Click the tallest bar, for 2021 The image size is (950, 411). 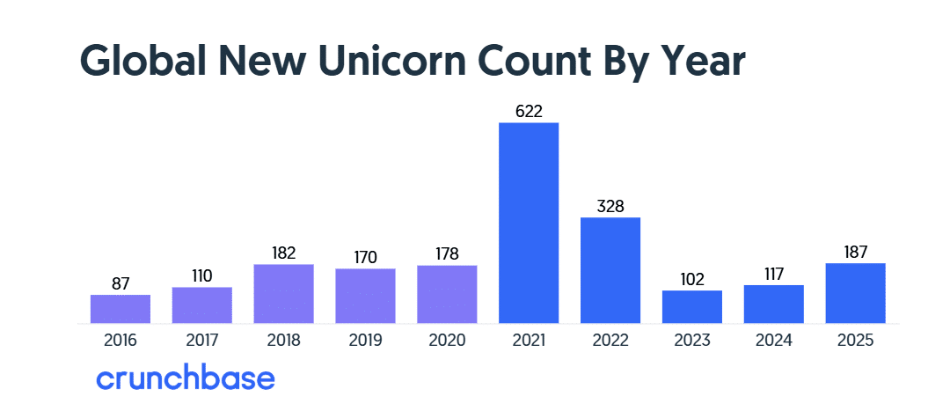point(529,223)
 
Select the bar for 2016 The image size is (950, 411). point(121,309)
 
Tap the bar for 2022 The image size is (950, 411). point(610,270)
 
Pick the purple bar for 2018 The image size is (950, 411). point(283,294)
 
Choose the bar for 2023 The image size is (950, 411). point(692,306)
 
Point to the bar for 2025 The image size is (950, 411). point(856,293)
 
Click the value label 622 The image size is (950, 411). point(529,112)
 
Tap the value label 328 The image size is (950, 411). point(610,207)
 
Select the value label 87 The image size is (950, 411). point(121,284)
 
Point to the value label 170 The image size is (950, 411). point(365,258)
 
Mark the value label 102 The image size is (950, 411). point(692,280)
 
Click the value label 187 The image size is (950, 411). point(856,253)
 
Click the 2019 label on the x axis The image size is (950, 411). point(365,340)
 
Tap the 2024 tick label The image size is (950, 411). point(774,340)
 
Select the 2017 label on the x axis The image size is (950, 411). point(201,340)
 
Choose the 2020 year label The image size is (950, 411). point(447,340)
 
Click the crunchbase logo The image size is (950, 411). point(185,378)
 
